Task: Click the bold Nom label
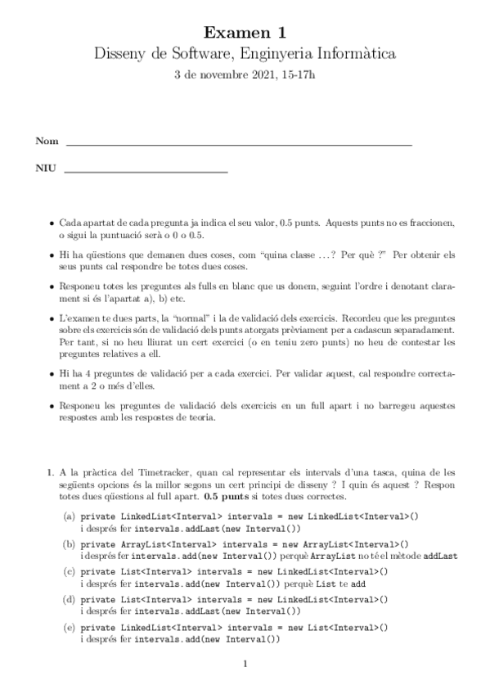pos(47,142)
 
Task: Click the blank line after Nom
pos(238,144)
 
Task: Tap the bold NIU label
pos(46,169)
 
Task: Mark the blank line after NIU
pos(145,172)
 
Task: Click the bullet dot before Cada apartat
pos(52,223)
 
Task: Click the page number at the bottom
pos(245,664)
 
